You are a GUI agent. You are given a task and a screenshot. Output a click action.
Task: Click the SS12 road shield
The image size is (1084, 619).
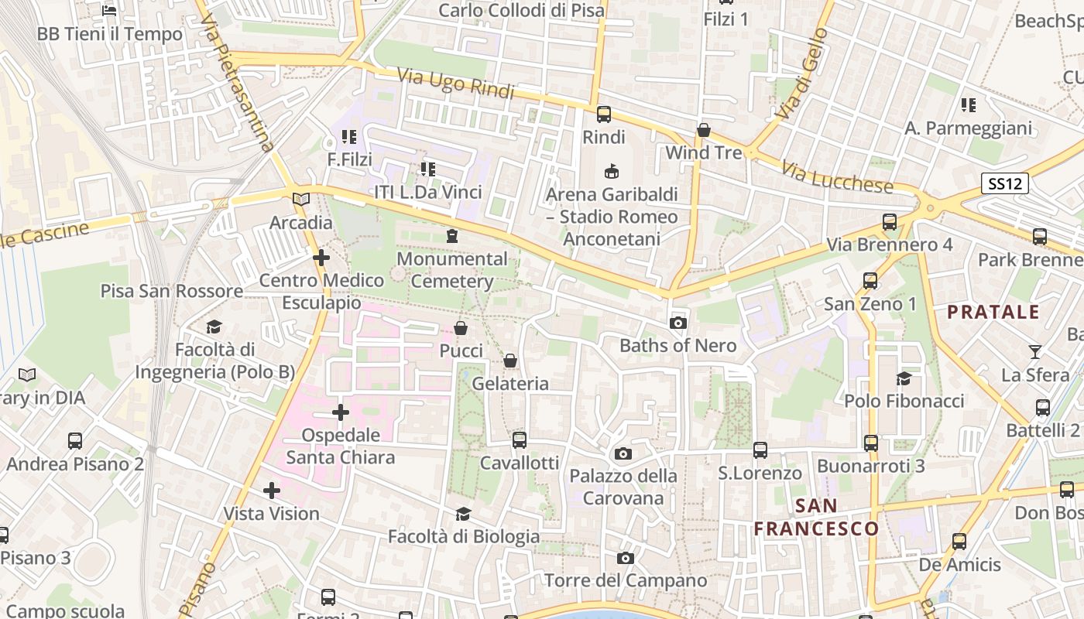coord(1005,184)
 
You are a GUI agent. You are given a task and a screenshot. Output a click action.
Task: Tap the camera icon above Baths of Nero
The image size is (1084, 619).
coord(678,323)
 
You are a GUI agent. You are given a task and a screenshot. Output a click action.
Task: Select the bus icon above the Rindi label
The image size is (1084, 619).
coord(604,115)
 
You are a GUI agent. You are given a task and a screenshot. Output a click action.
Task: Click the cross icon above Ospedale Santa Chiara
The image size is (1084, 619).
coord(341,412)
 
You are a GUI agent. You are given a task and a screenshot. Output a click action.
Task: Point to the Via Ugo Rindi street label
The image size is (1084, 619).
coord(456,84)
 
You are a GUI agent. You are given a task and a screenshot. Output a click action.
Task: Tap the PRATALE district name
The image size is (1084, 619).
coord(993,313)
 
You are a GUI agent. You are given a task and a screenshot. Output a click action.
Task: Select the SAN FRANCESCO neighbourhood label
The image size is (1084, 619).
coord(816,518)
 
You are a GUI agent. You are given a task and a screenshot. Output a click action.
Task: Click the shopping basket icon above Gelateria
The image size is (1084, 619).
coord(510,361)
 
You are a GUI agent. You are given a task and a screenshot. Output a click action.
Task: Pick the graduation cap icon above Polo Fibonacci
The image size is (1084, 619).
coord(904,378)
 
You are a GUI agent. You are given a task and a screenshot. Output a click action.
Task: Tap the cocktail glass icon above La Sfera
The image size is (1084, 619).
coord(1035,352)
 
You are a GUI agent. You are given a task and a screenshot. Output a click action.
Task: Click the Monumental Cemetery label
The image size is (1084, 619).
coord(452,269)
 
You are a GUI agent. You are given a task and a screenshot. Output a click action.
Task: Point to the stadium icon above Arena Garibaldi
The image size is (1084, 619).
coord(612,171)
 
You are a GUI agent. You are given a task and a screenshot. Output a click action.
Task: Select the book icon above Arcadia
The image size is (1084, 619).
coord(301,200)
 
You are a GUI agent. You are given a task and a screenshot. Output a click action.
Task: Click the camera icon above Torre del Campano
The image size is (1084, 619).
coord(626,558)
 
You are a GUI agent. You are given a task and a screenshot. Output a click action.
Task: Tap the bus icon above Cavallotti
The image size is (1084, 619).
coord(520,440)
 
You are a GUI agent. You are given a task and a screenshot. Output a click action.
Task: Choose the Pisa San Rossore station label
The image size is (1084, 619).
coord(172,291)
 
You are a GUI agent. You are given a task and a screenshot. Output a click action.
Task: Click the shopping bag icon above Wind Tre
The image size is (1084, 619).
coord(704,130)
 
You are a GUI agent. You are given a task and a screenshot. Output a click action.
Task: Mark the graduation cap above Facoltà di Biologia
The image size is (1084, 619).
coord(463,514)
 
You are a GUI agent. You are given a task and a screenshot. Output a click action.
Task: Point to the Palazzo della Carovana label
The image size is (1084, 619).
coord(623,487)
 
